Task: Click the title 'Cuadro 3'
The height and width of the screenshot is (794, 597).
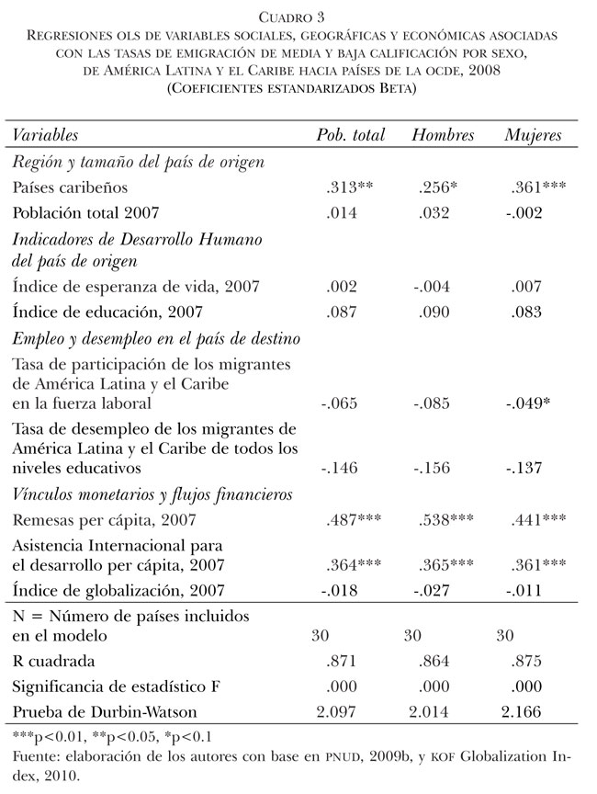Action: [298, 17]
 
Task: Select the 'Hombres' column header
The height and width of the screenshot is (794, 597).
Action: [443, 135]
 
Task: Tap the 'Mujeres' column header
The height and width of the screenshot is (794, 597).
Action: [533, 135]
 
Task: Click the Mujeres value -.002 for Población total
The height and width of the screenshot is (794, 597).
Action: [524, 213]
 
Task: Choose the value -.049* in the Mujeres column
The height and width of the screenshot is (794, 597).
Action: [527, 403]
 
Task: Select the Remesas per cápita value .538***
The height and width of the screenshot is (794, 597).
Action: [447, 519]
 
